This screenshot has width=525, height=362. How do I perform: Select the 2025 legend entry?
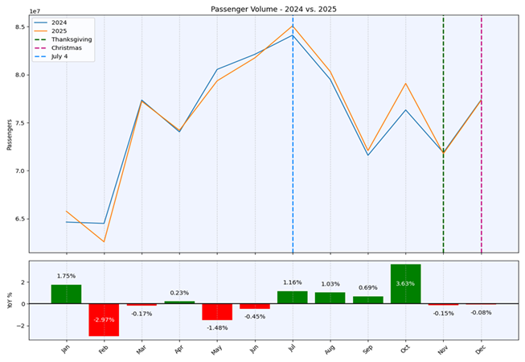[x=61, y=31]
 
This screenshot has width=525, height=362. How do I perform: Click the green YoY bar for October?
[x=405, y=284]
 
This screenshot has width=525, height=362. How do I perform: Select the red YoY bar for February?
[x=104, y=319]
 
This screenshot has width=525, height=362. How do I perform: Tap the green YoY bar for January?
[x=66, y=294]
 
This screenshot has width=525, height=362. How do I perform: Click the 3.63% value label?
[x=405, y=283]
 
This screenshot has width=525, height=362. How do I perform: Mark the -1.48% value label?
[x=217, y=327]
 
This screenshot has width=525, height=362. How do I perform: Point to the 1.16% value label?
[x=293, y=282]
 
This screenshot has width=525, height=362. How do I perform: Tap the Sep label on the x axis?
[x=367, y=351]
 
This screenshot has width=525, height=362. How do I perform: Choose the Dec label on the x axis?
[x=480, y=351]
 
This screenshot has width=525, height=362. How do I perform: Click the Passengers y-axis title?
[x=9, y=134]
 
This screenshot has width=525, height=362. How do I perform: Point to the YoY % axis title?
[x=9, y=300]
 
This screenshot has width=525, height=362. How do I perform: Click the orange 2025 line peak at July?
[x=293, y=26]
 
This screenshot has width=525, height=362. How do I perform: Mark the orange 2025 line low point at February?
[x=104, y=241]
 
